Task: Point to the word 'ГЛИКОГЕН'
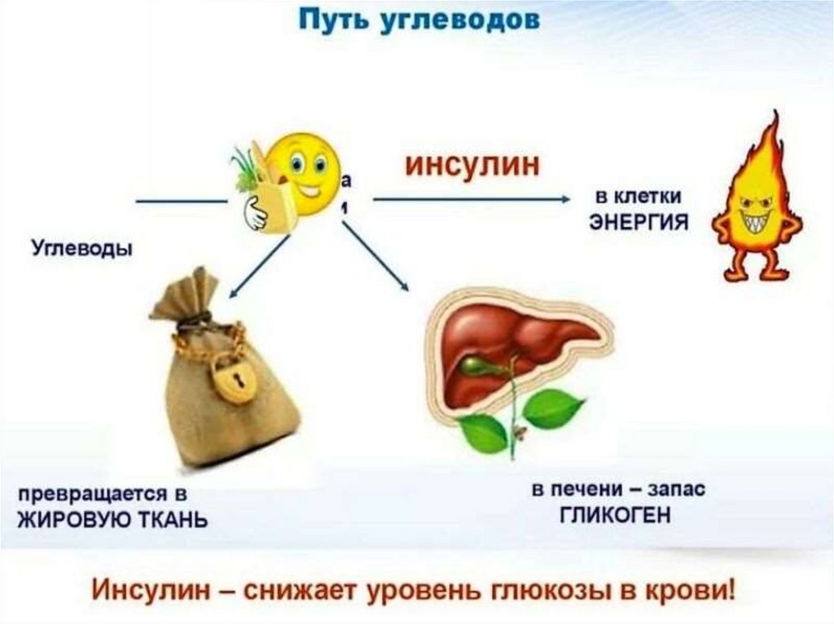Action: click(x=615, y=515)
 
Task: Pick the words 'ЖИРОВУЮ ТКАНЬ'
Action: click(x=113, y=519)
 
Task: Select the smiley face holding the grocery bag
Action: click(x=305, y=172)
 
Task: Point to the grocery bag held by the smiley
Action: click(x=266, y=199)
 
